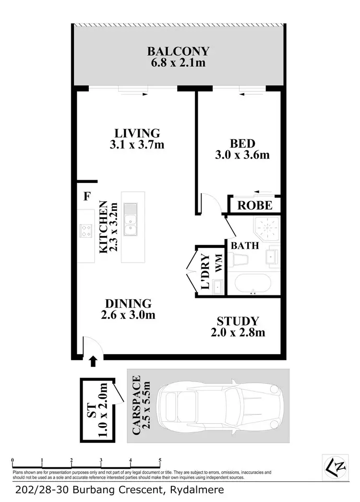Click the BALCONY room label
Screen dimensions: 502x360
tap(178, 51)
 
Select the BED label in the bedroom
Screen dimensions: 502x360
tap(242, 143)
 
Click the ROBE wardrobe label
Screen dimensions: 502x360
tap(255, 206)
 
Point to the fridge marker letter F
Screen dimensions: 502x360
tap(87, 196)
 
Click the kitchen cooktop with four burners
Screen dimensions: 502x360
tap(86, 231)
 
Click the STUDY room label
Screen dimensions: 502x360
tap(238, 321)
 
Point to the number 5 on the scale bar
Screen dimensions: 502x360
tap(160, 460)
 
